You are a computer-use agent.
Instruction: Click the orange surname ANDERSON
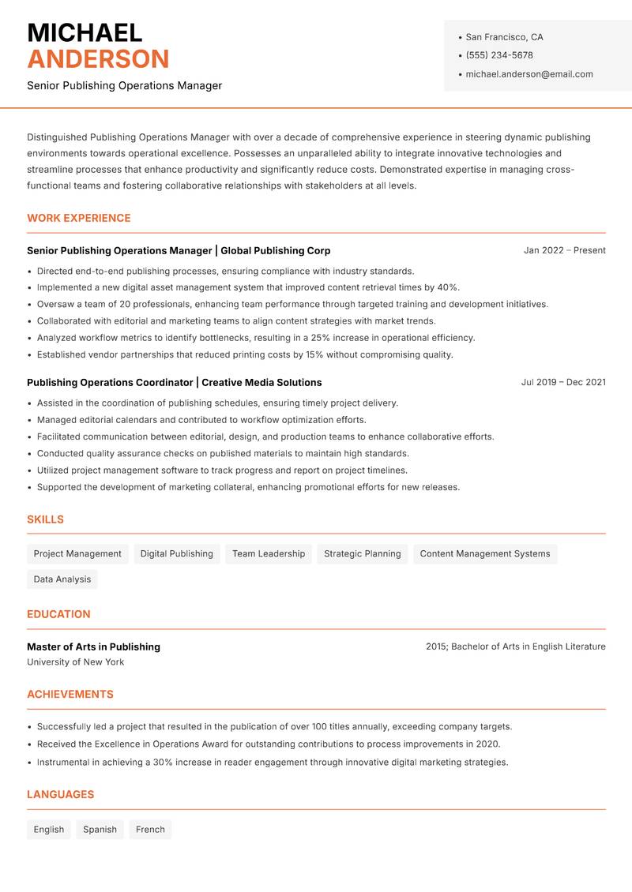(98, 59)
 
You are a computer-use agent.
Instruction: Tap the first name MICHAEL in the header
(85, 33)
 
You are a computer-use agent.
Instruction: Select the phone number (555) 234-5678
(498, 55)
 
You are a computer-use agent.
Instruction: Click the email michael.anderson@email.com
(529, 74)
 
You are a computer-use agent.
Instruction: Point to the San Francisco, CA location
(504, 37)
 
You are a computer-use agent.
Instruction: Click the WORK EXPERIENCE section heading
(79, 218)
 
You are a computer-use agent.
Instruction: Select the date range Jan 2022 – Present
(564, 250)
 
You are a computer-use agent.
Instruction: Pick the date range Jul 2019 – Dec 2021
(563, 382)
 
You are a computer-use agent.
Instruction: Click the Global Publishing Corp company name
(276, 250)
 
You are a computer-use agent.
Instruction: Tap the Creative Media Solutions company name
(261, 382)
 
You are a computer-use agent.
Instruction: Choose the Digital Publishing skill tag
(176, 553)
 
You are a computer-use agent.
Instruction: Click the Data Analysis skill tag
(62, 579)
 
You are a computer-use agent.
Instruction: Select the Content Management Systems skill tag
(485, 553)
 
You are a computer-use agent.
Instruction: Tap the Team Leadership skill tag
(269, 553)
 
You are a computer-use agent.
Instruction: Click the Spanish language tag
(100, 829)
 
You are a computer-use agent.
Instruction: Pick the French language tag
(150, 829)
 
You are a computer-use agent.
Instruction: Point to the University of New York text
(75, 662)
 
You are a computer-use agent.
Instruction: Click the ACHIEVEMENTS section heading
(70, 695)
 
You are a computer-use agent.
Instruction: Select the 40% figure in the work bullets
(447, 287)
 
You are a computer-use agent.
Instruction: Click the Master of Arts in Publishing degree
(93, 647)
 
